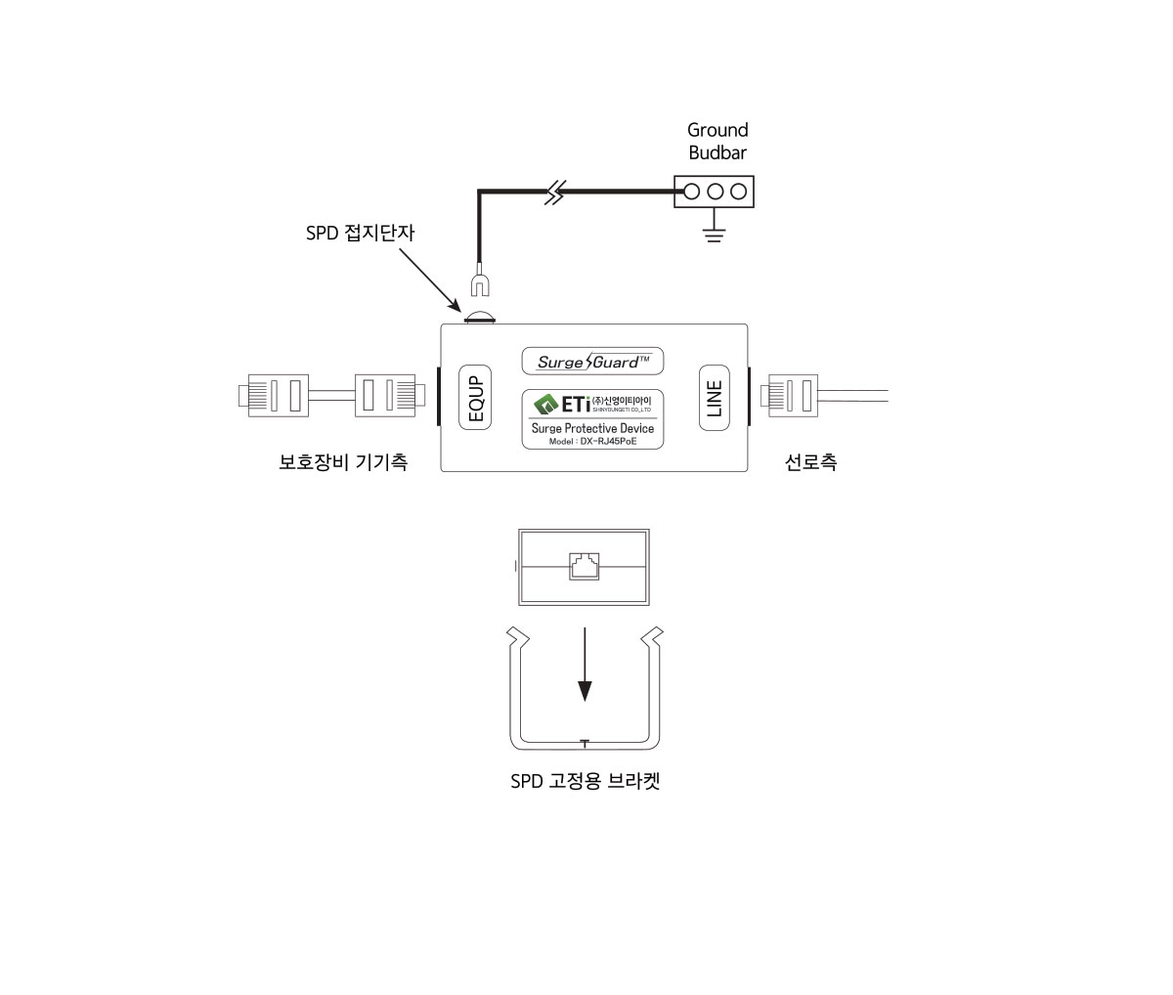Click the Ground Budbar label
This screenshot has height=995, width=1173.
click(x=717, y=141)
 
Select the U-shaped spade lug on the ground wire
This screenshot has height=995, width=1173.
click(x=479, y=284)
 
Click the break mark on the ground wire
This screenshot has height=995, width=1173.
click(x=554, y=193)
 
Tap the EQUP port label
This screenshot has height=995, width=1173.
click(x=475, y=399)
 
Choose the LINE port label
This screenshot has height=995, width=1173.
click(x=714, y=398)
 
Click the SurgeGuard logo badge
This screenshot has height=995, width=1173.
click(x=593, y=362)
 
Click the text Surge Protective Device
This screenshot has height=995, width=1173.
click(x=592, y=428)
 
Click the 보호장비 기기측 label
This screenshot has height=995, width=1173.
click(x=342, y=461)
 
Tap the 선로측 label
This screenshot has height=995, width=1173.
click(x=810, y=461)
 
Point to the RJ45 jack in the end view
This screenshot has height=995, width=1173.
click(x=584, y=566)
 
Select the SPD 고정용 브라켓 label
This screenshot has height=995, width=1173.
click(x=585, y=782)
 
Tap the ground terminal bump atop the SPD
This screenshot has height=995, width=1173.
click(x=479, y=317)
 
